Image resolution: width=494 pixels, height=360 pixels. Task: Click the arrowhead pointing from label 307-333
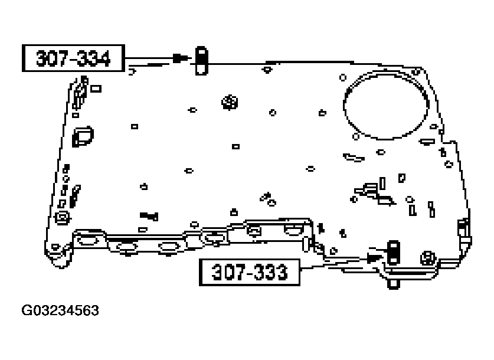coord(374,257)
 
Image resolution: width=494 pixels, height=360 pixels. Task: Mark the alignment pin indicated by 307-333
coord(391,252)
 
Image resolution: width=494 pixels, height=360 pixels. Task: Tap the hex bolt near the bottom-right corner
coord(427,258)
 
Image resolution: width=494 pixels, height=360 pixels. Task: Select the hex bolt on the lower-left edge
coord(60,219)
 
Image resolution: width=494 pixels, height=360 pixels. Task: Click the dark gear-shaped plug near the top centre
coord(229,103)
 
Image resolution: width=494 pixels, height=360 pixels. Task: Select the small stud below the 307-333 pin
coord(391,283)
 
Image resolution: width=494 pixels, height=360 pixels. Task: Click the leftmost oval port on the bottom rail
coord(85,240)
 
